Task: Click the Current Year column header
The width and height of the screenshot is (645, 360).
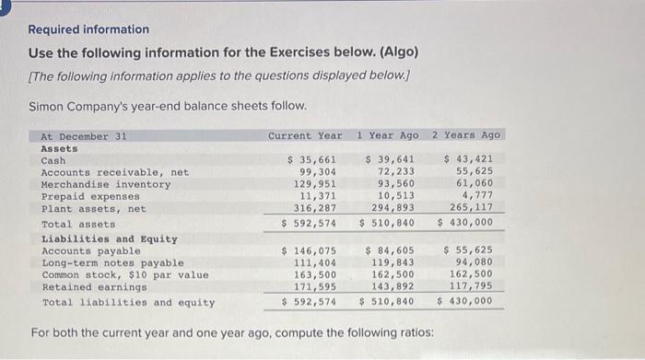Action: (x=304, y=135)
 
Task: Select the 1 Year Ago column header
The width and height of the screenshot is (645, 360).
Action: (x=387, y=135)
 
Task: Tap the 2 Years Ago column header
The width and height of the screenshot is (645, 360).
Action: (x=467, y=135)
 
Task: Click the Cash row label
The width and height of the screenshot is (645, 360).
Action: (x=53, y=160)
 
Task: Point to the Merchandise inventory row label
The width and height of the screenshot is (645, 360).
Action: (x=106, y=184)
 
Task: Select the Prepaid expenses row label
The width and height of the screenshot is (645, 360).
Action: (x=90, y=196)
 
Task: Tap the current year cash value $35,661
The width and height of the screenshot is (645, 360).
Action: (x=309, y=160)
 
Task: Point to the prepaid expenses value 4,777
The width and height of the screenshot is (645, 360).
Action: (x=477, y=196)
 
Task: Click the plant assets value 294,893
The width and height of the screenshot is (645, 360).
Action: (x=393, y=208)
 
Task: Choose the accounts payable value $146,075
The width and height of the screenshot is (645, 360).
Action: (x=309, y=250)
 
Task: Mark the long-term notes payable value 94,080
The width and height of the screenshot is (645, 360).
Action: (x=475, y=262)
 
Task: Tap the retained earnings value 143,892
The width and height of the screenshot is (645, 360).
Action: (x=393, y=286)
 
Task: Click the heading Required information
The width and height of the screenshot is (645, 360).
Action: (x=88, y=29)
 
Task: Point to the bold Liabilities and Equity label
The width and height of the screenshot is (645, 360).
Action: (x=110, y=238)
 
